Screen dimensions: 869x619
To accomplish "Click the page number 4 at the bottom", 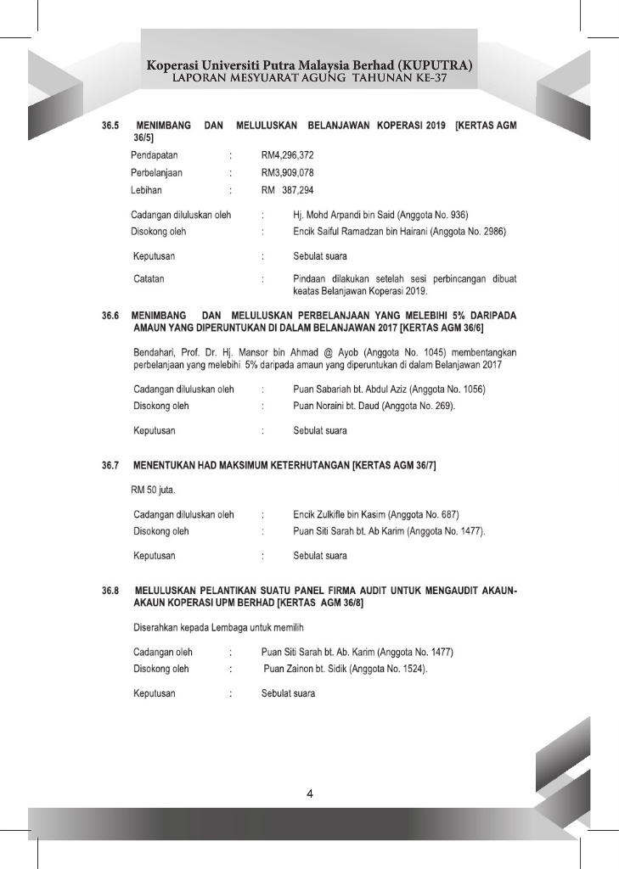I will click(310, 794).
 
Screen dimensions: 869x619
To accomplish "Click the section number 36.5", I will click(110, 125).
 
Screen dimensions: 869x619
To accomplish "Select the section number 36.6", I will click(110, 316).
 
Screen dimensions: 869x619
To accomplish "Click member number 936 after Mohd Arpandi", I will click(458, 215).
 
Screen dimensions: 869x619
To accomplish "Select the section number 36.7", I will click(110, 466).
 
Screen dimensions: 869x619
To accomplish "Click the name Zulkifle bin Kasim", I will click(347, 514).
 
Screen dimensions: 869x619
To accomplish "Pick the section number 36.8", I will click(110, 588).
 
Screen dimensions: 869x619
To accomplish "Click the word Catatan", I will click(149, 278).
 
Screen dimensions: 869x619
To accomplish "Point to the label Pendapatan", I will click(155, 156).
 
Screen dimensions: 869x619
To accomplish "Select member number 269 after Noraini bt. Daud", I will click(444, 406).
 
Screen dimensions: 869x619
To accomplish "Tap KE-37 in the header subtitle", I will click(431, 78).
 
